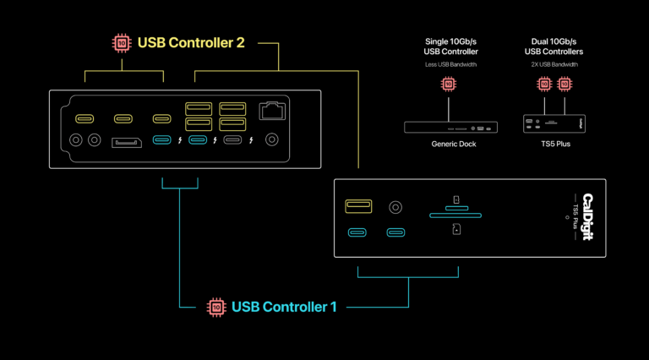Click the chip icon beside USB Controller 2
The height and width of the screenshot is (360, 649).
coord(122,42)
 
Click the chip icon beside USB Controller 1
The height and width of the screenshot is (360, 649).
coord(216,306)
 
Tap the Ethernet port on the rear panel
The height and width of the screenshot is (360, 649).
coord(272,110)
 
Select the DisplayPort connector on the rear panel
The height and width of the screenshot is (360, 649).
coord(127,141)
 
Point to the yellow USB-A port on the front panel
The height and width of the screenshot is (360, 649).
coord(358,205)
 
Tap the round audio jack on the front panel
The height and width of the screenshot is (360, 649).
coord(395,205)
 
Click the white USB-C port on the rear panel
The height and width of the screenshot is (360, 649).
coord(232,141)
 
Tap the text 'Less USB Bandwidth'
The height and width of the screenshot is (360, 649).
coord(450,64)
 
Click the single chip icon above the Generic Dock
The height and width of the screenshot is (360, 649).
coord(448,84)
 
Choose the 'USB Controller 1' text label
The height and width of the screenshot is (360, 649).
coord(284,306)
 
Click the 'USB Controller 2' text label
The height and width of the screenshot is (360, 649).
coord(191,42)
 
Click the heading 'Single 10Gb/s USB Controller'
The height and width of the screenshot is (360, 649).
coord(450,46)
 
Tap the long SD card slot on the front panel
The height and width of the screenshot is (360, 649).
coord(455,215)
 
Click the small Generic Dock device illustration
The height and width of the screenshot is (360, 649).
coord(450,128)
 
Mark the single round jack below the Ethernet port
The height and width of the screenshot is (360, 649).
coord(272,141)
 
